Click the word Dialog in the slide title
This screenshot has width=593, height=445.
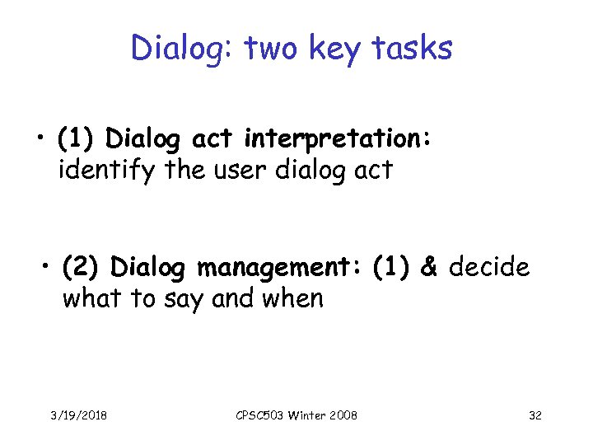[175, 49]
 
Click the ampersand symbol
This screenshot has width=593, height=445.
[428, 267]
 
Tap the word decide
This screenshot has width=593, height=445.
[490, 267]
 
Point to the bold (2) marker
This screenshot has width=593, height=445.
[82, 267]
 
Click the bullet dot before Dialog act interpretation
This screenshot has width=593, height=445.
[40, 141]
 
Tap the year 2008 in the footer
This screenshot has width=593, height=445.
[342, 415]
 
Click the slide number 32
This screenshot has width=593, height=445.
[535, 415]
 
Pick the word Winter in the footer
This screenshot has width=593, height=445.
[306, 415]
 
